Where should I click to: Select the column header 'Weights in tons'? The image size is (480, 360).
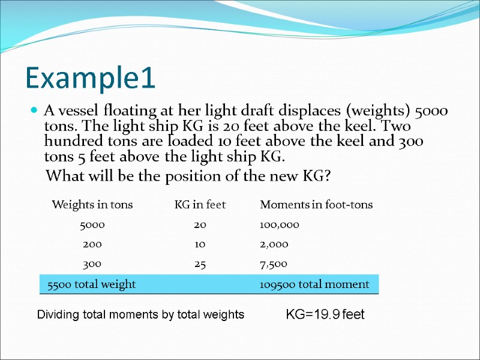pyautogui.click(x=92, y=205)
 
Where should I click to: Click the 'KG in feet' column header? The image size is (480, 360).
pyautogui.click(x=200, y=205)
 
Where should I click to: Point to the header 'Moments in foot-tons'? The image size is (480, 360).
pyautogui.click(x=316, y=205)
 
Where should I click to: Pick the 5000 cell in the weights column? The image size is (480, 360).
pyautogui.click(x=92, y=225)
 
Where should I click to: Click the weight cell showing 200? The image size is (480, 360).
pyautogui.click(x=92, y=244)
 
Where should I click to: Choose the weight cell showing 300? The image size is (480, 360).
pyautogui.click(x=92, y=263)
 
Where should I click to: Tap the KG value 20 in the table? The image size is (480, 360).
pyautogui.click(x=200, y=225)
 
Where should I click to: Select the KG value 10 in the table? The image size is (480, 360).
pyautogui.click(x=200, y=244)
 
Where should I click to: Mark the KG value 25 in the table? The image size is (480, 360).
pyautogui.click(x=200, y=263)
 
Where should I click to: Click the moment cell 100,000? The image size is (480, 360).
pyautogui.click(x=280, y=225)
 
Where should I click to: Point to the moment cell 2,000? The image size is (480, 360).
pyautogui.click(x=274, y=244)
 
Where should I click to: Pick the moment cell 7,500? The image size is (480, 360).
pyautogui.click(x=274, y=263)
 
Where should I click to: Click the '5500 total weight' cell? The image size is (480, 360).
pyautogui.click(x=88, y=284)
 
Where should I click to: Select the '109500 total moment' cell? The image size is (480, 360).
pyautogui.click(x=314, y=284)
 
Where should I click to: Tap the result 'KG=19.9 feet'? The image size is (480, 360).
pyautogui.click(x=325, y=314)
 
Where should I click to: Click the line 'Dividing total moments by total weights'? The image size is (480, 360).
pyautogui.click(x=141, y=314)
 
